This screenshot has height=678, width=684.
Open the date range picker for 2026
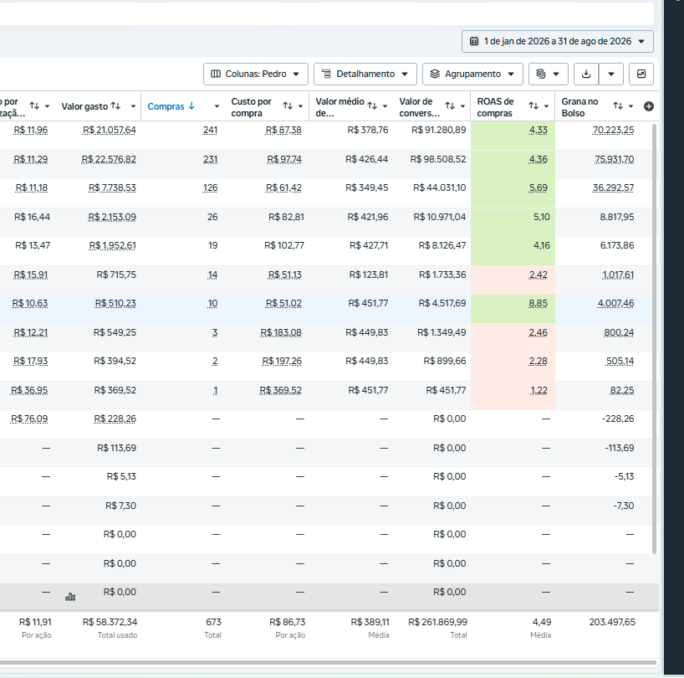(x=557, y=42)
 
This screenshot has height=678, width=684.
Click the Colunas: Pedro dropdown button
(x=256, y=74)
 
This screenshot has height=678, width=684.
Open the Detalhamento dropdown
(x=365, y=74)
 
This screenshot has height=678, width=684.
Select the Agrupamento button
(x=472, y=74)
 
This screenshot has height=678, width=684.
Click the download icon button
(x=586, y=74)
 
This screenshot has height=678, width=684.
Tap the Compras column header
(x=166, y=106)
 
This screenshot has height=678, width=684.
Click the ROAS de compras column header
(x=495, y=107)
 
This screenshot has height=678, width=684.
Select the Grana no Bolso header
(x=579, y=107)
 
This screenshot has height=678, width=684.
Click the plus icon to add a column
(x=649, y=106)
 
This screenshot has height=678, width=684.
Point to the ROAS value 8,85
(x=538, y=303)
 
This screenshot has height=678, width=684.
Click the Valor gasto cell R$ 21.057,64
(x=109, y=130)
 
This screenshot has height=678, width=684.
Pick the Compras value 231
(x=210, y=159)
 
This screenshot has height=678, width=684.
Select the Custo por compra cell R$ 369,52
(x=280, y=390)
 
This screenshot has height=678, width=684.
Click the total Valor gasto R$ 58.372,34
(x=110, y=622)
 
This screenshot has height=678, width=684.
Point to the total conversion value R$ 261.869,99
(x=437, y=622)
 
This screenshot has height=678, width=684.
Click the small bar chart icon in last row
(x=70, y=596)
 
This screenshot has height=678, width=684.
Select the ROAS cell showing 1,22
(x=539, y=390)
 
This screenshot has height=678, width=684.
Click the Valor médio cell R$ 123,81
(x=369, y=275)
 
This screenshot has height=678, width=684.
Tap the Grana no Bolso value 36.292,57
(x=613, y=187)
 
